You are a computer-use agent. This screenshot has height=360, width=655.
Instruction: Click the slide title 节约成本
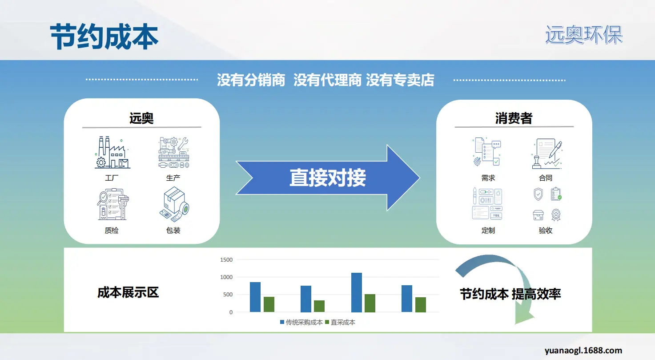point(104,36)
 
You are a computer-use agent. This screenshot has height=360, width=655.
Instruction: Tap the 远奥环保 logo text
point(584,35)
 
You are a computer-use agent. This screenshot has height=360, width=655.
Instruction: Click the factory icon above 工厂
point(113,152)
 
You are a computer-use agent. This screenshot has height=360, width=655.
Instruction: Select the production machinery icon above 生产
point(174,152)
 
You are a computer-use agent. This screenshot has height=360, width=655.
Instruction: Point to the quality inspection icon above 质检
point(113,204)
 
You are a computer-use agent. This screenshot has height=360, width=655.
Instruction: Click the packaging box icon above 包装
point(174,204)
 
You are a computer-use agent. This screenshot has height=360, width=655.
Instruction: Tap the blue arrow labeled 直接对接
point(328,178)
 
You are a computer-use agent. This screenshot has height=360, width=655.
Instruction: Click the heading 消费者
point(514,118)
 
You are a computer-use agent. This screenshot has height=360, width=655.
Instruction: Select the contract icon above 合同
point(547,154)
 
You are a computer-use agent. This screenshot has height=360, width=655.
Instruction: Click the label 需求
point(488,178)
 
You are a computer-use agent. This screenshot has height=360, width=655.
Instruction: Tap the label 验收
point(545,231)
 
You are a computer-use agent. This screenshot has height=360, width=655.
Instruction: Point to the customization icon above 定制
point(487,204)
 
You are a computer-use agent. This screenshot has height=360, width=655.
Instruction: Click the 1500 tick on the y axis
point(226,259)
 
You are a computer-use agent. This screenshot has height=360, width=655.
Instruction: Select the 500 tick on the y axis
point(228,295)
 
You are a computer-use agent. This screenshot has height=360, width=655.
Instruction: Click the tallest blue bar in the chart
point(357,292)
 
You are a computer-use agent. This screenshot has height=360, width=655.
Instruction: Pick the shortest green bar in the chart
point(319,306)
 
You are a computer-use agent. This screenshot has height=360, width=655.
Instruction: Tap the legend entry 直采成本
point(340,322)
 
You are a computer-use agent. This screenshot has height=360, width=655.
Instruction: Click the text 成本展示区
point(128,292)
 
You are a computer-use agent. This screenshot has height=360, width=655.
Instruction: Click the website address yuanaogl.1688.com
point(583,350)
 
